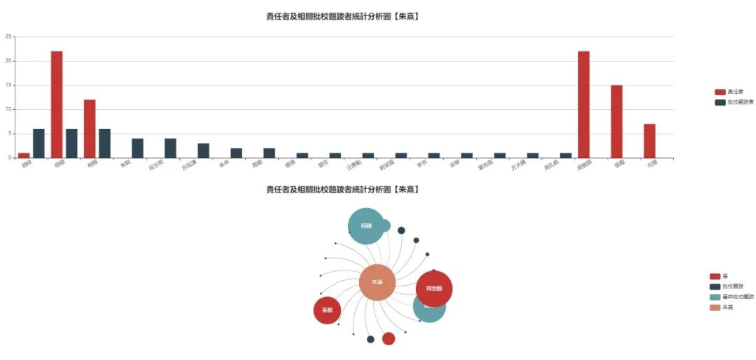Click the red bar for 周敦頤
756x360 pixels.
[584, 104]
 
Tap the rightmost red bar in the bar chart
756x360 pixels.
[650, 141]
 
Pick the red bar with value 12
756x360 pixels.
[90, 129]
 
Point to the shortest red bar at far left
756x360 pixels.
[24, 155]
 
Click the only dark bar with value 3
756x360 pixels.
[203, 151]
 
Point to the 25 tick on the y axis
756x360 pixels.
[8, 36]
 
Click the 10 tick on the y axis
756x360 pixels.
[8, 109]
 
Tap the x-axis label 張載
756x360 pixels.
[618, 165]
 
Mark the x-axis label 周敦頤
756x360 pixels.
[584, 166]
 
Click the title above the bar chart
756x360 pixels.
[342, 17]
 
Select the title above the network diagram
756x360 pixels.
[342, 189]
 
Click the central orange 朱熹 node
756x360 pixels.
[377, 282]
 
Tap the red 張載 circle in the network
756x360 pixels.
[327, 310]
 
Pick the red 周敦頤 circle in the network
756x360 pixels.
[434, 289]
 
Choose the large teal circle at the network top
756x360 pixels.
[366, 226]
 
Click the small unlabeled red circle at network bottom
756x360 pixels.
[388, 339]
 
